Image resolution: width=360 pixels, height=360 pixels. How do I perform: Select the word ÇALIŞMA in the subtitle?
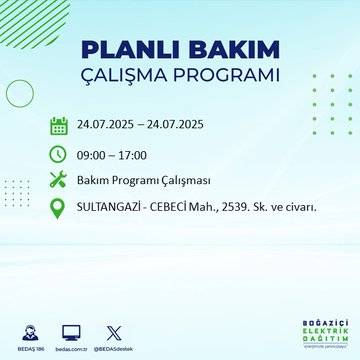pos(131,76)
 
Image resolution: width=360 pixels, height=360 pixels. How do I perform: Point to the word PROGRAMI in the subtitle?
pos(227,76)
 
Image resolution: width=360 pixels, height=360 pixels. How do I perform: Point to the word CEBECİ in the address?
pos(180,207)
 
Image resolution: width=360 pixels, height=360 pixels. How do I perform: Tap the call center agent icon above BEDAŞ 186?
pos(33,330)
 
